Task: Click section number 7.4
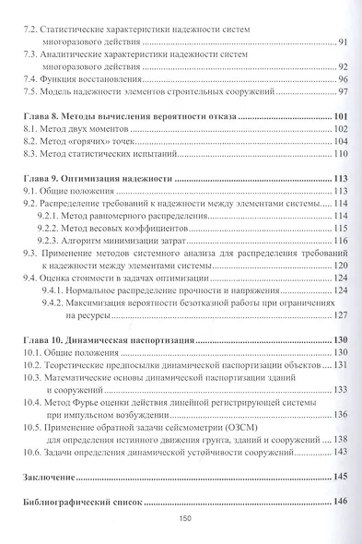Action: (30, 80)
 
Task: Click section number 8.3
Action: (30, 156)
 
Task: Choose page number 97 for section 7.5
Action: (340, 93)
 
